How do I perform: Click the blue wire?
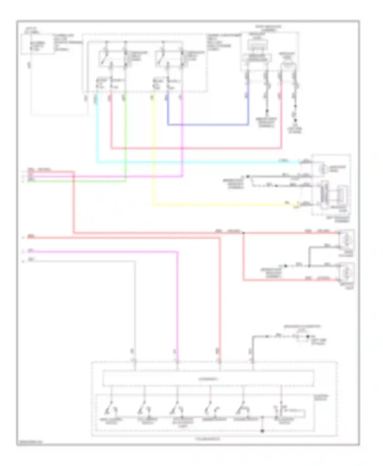[x=208, y=125]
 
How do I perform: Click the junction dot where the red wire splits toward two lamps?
[x=243, y=233]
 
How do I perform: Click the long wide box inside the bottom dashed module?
[x=208, y=379]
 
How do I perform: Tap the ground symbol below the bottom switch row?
[x=262, y=431]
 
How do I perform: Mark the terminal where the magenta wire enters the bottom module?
[x=177, y=361]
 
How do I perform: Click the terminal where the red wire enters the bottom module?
[x=219, y=361]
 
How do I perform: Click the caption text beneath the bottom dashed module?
[x=207, y=439]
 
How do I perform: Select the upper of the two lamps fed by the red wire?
[x=347, y=240]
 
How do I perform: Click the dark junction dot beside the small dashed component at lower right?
[x=308, y=336]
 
